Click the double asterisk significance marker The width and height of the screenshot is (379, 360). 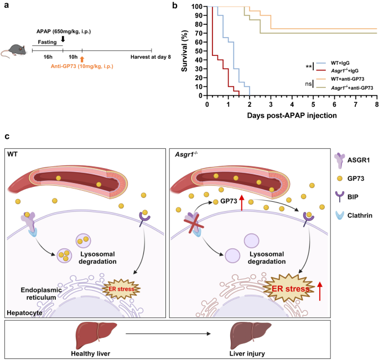pos(308,67)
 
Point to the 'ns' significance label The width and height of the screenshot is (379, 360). pos(307,84)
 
